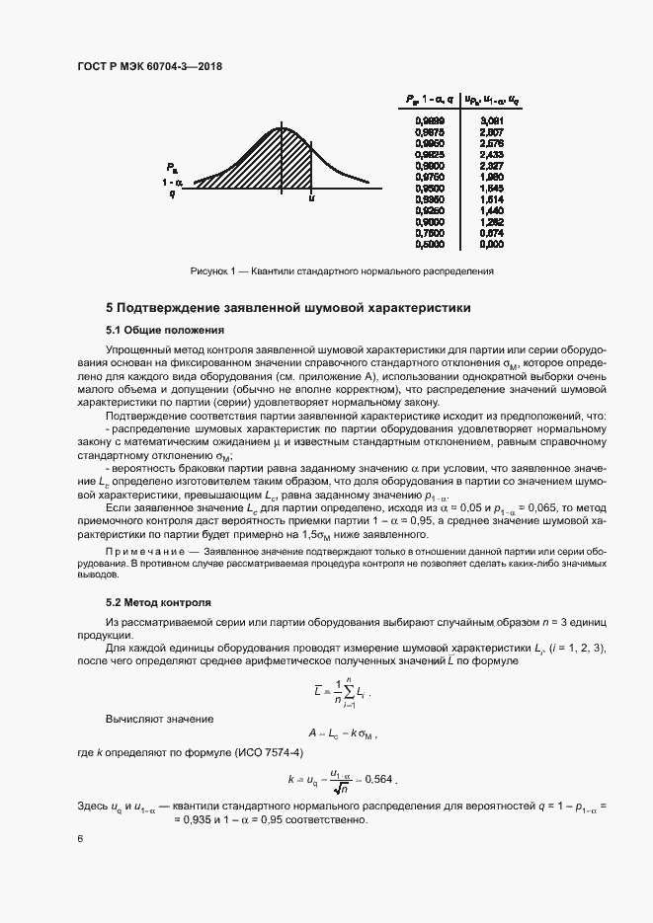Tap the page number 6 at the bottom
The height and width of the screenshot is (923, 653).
click(x=81, y=838)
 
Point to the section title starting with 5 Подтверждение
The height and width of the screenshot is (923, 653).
click(x=287, y=308)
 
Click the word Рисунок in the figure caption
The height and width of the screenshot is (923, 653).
click(x=210, y=269)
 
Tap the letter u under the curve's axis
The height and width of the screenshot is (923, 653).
click(x=311, y=198)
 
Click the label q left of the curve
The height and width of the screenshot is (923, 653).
click(x=172, y=193)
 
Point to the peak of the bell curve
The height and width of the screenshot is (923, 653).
click(x=283, y=127)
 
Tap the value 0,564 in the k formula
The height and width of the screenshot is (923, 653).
click(x=379, y=780)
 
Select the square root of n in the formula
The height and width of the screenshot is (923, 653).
click(x=340, y=788)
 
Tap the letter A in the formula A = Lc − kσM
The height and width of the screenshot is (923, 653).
click(x=310, y=734)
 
